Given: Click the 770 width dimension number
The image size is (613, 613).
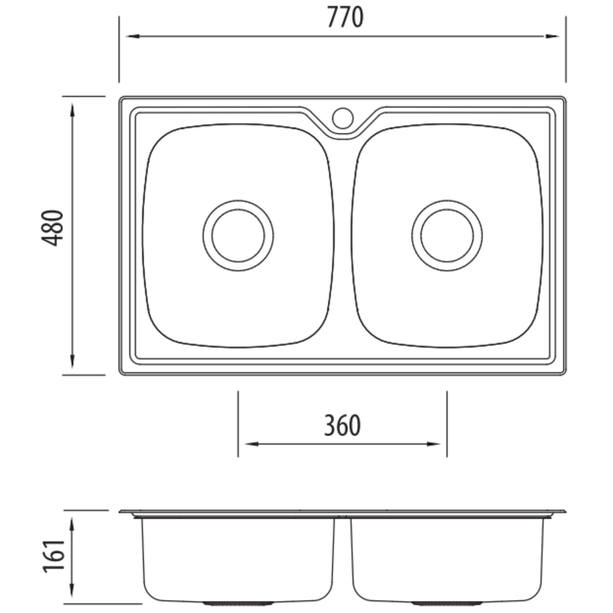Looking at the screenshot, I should (345, 18).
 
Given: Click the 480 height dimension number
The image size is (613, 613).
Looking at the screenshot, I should (53, 228).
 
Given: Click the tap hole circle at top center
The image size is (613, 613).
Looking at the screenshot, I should (343, 118).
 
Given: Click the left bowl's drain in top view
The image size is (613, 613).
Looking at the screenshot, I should (238, 236).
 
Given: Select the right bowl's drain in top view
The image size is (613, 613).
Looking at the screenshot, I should (447, 236).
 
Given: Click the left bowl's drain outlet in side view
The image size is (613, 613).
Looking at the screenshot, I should (222, 602).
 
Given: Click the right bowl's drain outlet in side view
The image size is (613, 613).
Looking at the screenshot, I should (432, 602).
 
